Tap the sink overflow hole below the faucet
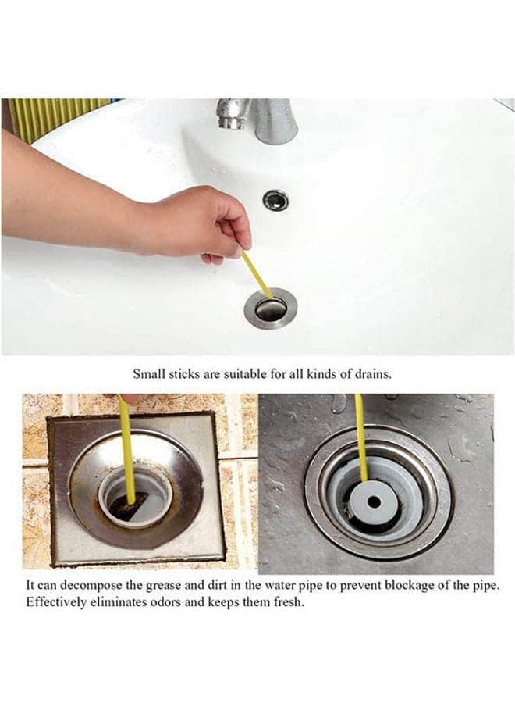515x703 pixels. pos(275,199)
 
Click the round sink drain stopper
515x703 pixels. pos(270,309)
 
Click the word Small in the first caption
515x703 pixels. pos(149,374)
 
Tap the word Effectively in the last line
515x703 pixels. pos(55,601)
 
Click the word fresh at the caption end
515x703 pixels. pos(289,601)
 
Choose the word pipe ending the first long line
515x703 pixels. pos(486,587)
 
